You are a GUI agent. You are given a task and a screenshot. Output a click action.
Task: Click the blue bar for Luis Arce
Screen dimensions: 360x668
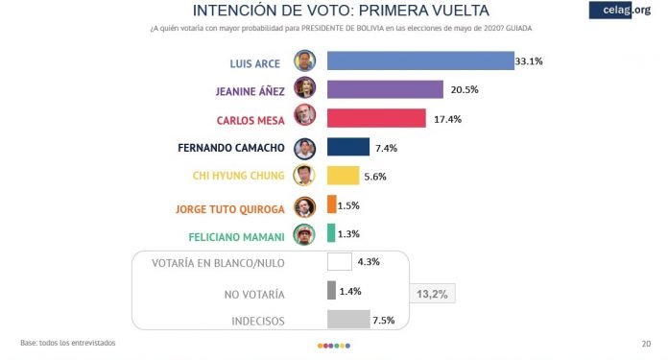pyautogui.click(x=420, y=60)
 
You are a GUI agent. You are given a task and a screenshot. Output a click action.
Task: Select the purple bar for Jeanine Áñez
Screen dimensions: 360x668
pyautogui.click(x=385, y=89)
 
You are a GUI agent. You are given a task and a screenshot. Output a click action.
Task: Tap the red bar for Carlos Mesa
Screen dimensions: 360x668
pyautogui.click(x=376, y=118)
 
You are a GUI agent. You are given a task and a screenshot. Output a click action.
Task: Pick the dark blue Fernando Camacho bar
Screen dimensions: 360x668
pyautogui.click(x=348, y=147)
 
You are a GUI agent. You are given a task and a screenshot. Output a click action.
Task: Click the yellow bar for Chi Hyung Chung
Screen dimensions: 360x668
pyautogui.click(x=343, y=176)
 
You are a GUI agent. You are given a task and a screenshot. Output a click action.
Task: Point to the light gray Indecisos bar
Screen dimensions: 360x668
pyautogui.click(x=348, y=319)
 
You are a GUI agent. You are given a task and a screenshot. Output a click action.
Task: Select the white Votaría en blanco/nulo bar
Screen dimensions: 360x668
pyautogui.click(x=340, y=262)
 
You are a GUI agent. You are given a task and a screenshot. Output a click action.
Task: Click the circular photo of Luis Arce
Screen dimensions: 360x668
pyautogui.click(x=305, y=60)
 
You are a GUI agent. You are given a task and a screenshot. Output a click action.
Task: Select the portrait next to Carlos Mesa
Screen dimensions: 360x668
pyautogui.click(x=305, y=118)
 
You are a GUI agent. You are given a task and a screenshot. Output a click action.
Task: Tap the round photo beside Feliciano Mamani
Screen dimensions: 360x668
pyautogui.click(x=305, y=233)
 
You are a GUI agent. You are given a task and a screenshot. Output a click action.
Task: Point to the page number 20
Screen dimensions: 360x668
pyautogui.click(x=645, y=344)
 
